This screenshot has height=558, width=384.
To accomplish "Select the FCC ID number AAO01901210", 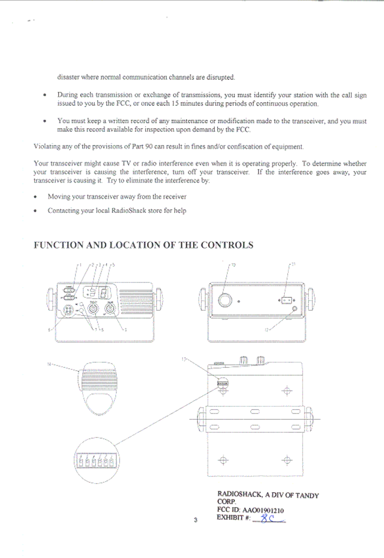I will point(263,510).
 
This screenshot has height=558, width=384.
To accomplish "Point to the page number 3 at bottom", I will point(195,520).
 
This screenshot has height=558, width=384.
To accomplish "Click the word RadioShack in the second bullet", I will point(128,211).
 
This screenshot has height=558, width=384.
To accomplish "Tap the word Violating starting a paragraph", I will point(47,147).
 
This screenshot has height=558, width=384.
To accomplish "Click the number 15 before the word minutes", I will point(175,104).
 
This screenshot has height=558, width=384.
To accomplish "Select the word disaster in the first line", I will point(68,77).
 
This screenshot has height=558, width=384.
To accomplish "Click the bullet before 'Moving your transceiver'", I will point(35,197).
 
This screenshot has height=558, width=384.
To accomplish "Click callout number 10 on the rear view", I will point(233,265).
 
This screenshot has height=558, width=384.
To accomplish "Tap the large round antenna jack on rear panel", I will point(225,300).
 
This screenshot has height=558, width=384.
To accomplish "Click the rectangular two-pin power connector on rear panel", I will point(286,300).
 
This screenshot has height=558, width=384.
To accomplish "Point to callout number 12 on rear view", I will point(266,330).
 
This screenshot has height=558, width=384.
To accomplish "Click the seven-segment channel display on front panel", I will point(104,293).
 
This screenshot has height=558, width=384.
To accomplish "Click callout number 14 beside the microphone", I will point(49,364).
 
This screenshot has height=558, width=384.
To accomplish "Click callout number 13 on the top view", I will point(184,359).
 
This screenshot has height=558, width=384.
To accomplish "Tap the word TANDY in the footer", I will point(307,496).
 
